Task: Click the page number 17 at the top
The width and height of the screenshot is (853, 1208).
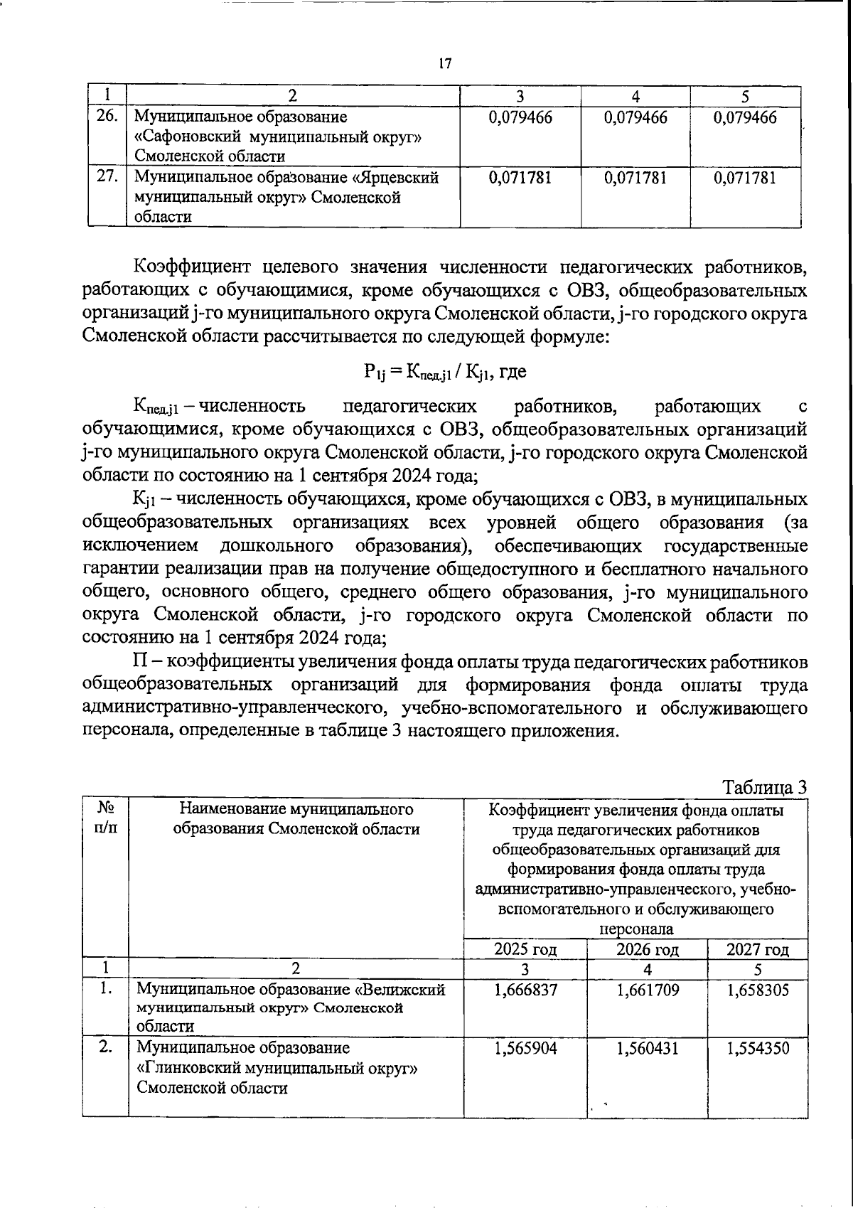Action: tap(445, 64)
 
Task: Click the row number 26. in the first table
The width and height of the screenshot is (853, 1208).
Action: tap(107, 116)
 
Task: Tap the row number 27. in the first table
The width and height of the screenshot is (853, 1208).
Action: tap(107, 177)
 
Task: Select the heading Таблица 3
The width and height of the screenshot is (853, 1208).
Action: tap(764, 787)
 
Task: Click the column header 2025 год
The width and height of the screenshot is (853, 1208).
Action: tap(525, 949)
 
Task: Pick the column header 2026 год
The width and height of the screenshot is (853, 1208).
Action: tap(647, 949)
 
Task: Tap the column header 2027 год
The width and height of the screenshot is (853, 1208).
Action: tap(758, 949)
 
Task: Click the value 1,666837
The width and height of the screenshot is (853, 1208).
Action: tap(526, 990)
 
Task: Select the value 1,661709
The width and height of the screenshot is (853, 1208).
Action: tap(647, 990)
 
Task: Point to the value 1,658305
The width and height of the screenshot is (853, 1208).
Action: tap(758, 990)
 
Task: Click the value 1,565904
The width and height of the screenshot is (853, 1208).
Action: tap(526, 1049)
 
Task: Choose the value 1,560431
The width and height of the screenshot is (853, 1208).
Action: tap(647, 1049)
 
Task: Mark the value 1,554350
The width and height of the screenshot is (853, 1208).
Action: tap(758, 1049)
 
